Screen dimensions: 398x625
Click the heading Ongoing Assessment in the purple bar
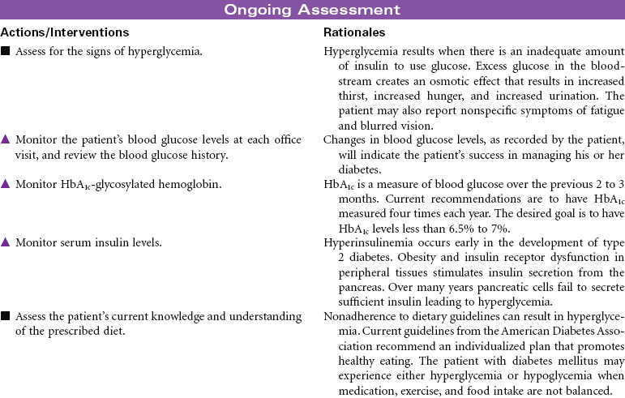click(312, 10)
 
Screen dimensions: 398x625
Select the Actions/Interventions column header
click(65, 32)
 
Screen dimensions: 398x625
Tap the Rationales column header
click(354, 32)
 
